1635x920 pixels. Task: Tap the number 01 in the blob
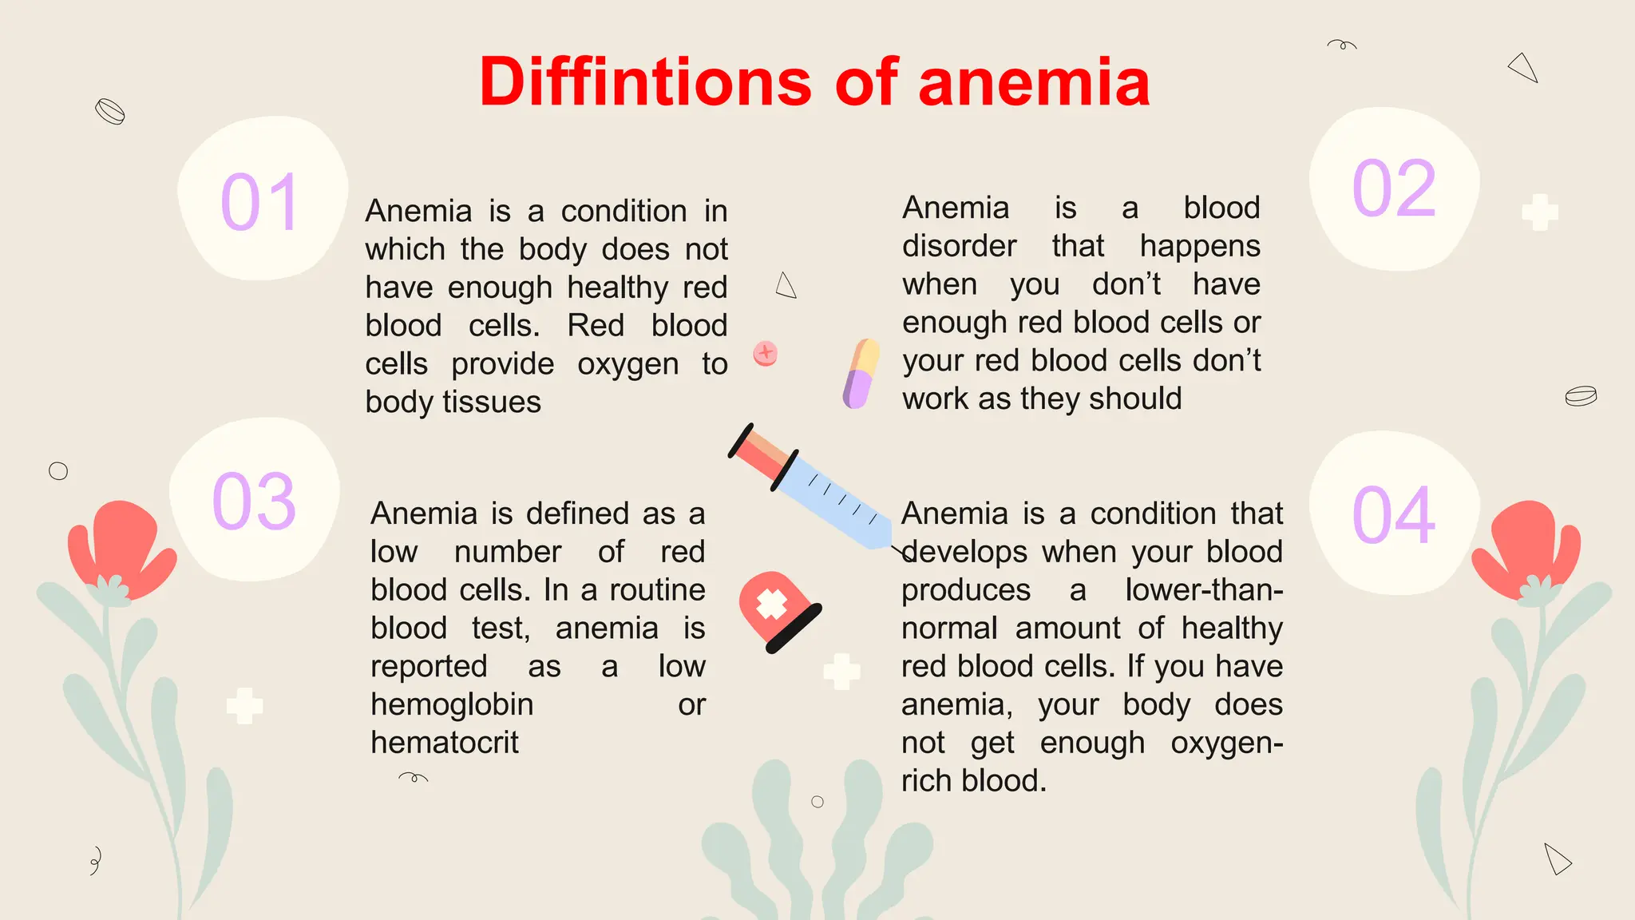[x=259, y=203]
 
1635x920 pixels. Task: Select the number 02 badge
[x=1394, y=188]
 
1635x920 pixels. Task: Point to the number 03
[x=254, y=502]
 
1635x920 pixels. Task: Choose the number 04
[x=1394, y=516]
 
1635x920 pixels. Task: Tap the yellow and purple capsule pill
[x=861, y=373]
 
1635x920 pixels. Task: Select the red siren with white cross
[x=777, y=610]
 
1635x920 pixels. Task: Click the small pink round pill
[x=766, y=352]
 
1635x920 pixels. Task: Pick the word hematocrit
[x=445, y=743]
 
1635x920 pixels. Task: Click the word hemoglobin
[x=452, y=704]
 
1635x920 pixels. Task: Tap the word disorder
[x=959, y=246]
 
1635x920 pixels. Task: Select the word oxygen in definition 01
[x=627, y=364]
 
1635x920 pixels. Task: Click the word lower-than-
[x=1203, y=590]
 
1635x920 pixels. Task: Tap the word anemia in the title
[x=1034, y=81]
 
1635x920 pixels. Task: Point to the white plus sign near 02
[x=1540, y=212]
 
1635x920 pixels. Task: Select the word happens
[x=1199, y=246]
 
